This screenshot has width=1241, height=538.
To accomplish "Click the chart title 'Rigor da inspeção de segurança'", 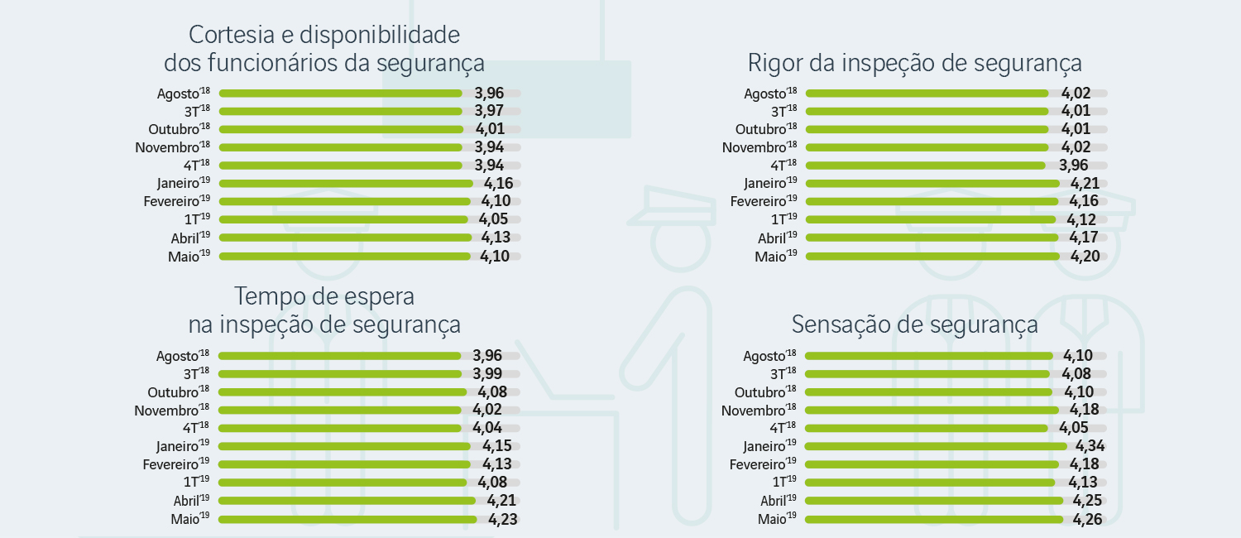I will (x=914, y=64).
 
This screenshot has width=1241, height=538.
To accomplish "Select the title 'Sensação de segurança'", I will (x=914, y=324).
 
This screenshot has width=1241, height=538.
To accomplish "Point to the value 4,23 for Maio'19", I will (x=502, y=520).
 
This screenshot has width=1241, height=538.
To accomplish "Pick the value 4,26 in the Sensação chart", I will (x=1087, y=520).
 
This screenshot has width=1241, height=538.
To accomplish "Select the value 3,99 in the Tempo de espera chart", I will (x=488, y=374).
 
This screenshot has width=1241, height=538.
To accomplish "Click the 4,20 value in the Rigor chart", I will (x=1085, y=257).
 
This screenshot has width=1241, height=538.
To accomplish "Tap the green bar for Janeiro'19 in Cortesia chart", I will (x=345, y=184).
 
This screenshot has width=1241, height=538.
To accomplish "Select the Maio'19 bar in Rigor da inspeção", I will (x=932, y=257).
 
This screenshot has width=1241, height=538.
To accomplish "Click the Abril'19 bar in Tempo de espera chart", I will (x=346, y=501).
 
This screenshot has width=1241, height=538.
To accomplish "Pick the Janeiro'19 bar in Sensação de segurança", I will (x=935, y=446).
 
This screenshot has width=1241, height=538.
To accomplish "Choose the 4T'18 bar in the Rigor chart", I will (x=925, y=166).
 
